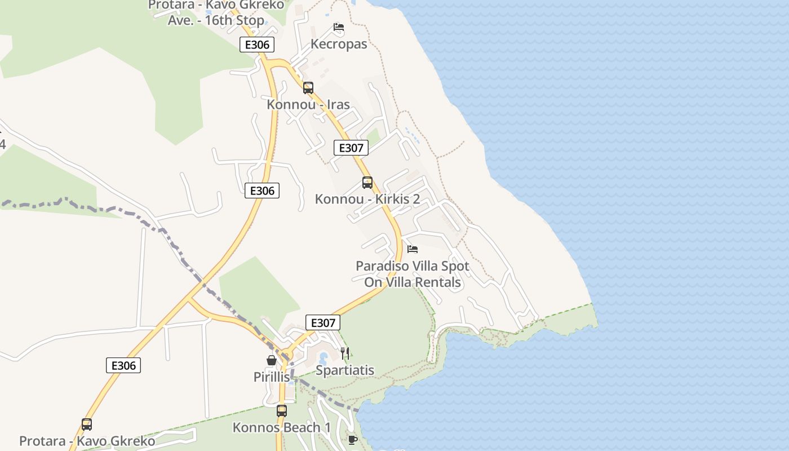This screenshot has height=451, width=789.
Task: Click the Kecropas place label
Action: (x=339, y=44)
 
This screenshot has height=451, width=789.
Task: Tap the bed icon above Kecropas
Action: (x=338, y=26)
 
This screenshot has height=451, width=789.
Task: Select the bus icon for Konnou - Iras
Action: (x=308, y=87)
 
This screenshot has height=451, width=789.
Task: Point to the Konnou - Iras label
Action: (x=308, y=104)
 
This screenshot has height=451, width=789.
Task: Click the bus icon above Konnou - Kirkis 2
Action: (x=367, y=182)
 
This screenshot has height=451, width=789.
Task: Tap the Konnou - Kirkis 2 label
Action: (x=367, y=199)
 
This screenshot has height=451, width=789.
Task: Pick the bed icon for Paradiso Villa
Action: (x=413, y=249)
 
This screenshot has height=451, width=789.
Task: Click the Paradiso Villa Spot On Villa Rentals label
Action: (x=413, y=274)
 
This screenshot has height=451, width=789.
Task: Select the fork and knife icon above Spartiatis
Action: (x=345, y=353)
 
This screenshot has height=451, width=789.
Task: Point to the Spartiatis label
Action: (x=345, y=370)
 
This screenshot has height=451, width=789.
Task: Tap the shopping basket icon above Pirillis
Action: (x=271, y=360)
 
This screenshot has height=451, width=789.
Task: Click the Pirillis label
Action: (x=271, y=377)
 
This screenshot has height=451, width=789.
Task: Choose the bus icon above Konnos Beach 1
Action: (x=282, y=410)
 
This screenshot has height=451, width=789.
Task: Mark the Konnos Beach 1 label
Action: (x=282, y=427)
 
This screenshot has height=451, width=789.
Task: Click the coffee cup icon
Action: (x=353, y=440)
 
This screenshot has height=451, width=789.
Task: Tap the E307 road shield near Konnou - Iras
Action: (x=351, y=148)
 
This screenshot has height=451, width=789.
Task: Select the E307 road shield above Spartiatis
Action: (x=323, y=322)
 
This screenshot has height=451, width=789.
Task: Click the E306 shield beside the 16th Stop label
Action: (x=257, y=45)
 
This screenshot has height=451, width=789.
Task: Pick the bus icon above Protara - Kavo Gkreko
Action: (x=87, y=424)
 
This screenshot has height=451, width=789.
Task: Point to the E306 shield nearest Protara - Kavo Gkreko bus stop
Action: (x=123, y=365)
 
